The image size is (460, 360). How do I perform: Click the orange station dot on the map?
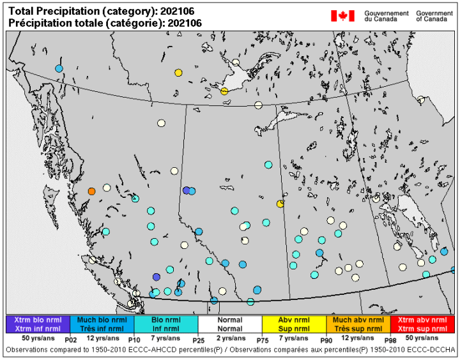click(91, 191)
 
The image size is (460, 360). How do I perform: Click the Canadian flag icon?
click(342, 16)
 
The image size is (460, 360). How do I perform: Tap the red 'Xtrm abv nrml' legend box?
click(422, 324)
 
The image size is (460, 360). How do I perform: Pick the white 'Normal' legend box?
click(230, 324)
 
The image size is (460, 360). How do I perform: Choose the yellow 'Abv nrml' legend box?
click(294, 324)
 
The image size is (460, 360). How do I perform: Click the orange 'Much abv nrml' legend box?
click(358, 324)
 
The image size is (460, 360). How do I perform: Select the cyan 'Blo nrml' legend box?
click(166, 324)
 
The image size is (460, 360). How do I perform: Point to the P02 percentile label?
click(70, 341)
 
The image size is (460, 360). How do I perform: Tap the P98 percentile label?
click(390, 341)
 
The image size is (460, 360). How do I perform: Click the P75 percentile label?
click(262, 341)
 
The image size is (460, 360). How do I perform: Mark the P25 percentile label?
click(198, 341)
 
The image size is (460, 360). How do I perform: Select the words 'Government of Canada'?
click(434, 16)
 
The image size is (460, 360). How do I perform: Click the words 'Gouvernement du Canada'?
click(386, 16)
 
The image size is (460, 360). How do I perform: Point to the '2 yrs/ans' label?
click(230, 338)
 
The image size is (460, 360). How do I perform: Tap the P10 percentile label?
click(134, 341)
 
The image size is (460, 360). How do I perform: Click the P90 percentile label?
click(326, 341)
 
